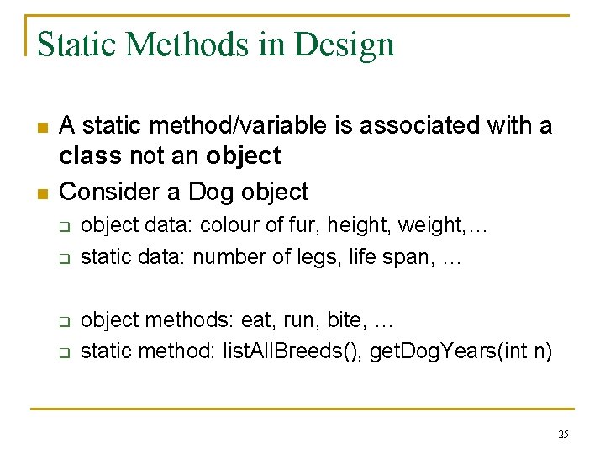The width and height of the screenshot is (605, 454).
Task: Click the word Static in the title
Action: (x=69, y=45)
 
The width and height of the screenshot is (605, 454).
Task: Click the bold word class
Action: (x=91, y=156)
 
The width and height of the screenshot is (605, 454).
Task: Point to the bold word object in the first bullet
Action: (x=243, y=156)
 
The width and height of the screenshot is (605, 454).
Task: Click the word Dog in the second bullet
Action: (x=210, y=192)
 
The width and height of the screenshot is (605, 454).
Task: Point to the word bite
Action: (x=345, y=320)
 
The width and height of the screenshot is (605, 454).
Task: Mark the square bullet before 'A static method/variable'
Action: (x=41, y=127)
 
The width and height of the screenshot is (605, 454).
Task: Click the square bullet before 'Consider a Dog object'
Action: (x=41, y=193)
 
